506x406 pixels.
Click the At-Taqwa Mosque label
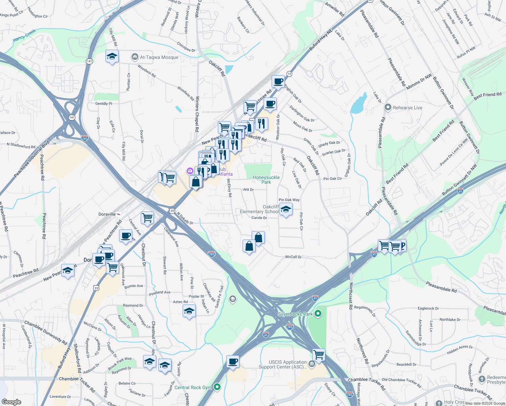pos(159,57)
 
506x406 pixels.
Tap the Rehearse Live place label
pos(408,108)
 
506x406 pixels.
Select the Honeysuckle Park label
pos(266,180)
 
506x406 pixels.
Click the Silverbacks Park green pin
pos(318,314)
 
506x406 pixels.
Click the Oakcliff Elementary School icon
pos(286,209)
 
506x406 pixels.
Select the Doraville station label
pos(107,214)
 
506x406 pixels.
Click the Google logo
pos(11,402)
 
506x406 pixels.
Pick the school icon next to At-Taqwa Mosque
pos(112,57)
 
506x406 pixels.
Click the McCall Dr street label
pos(293,257)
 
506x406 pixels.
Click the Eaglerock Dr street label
pos(428,308)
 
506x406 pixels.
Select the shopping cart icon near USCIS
pos(319,355)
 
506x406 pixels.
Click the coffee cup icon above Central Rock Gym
pos(233,362)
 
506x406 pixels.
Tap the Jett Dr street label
pos(248,189)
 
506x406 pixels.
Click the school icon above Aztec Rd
pos(189,311)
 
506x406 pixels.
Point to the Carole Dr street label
pos(259,218)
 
